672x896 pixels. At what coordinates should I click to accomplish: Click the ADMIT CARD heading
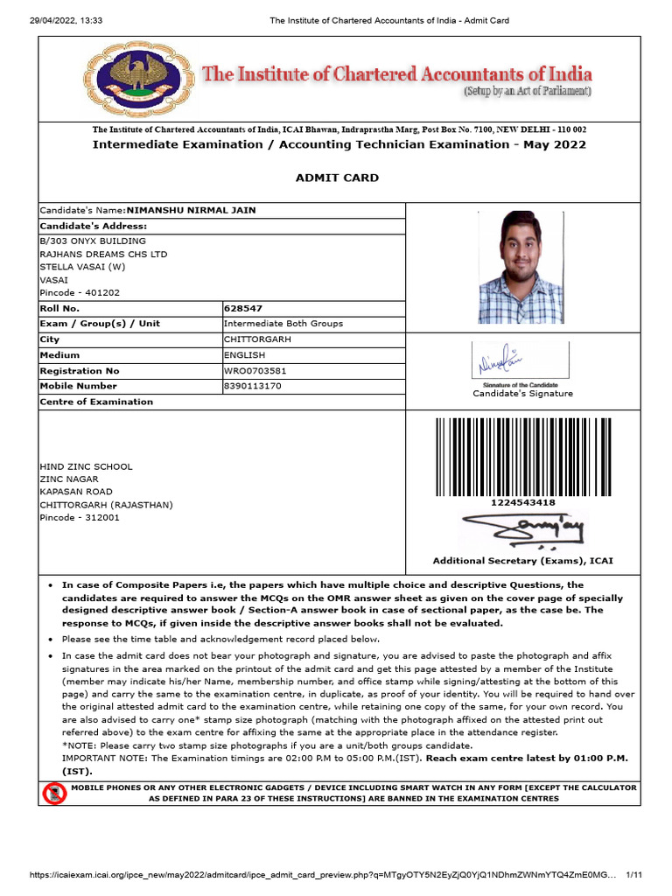point(337,178)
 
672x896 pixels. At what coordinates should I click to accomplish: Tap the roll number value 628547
point(243,308)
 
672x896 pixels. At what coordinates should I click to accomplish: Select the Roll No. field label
point(59,308)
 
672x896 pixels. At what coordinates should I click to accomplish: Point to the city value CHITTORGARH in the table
point(257,339)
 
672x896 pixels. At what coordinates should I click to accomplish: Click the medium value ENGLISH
point(244,354)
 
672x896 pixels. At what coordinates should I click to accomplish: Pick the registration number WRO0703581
point(255,370)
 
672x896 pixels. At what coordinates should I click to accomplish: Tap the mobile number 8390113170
point(253,386)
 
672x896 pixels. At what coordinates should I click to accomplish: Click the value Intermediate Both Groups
point(283,324)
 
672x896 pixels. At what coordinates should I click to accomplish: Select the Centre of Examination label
point(96,402)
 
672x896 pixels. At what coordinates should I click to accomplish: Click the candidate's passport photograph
point(521,268)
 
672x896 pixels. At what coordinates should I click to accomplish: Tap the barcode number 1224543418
point(522,503)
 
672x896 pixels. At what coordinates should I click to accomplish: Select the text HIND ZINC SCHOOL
point(86,466)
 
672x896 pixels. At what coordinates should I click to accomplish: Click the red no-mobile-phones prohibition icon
point(54,794)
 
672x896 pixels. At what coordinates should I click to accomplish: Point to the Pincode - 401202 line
point(80,293)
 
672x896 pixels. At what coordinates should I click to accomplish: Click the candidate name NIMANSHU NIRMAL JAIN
point(192,210)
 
